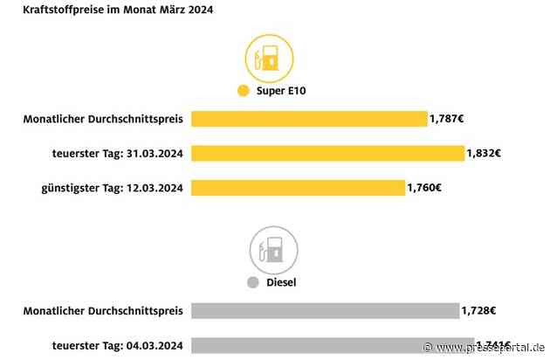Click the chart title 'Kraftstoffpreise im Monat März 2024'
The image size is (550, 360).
tap(110, 10)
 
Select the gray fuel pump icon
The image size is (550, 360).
tap(270, 250)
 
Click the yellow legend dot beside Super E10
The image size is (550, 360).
tap(242, 92)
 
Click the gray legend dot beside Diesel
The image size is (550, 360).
tap(252, 282)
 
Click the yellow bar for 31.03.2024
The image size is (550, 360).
tap(327, 153)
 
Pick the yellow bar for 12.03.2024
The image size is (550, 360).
tap(298, 187)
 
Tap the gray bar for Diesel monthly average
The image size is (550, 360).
tap(325, 310)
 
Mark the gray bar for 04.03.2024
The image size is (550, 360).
tap(332, 345)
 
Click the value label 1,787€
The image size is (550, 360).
tap(447, 119)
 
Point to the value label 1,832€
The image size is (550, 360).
tap(485, 153)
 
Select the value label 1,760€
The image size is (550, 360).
tap(425, 187)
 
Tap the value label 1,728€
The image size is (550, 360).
tap(479, 310)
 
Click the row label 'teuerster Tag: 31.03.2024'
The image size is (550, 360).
tap(117, 153)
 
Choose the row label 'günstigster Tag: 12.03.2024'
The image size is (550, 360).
tap(113, 187)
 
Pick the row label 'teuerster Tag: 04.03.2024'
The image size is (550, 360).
tap(117, 345)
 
